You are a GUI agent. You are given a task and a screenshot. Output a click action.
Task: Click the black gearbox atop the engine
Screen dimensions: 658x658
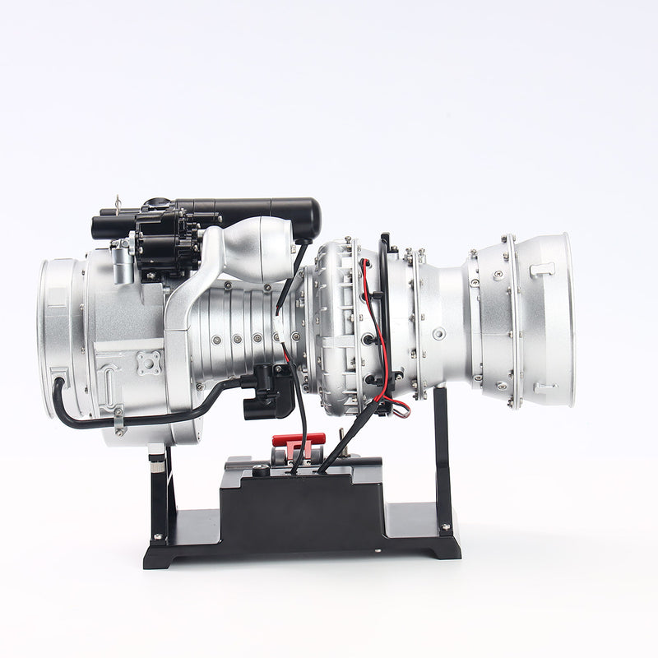tap(168, 239)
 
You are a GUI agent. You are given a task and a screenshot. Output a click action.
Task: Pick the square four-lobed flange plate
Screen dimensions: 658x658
tap(149, 363)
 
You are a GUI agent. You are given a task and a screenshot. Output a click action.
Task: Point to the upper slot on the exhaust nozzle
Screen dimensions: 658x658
tap(542, 269)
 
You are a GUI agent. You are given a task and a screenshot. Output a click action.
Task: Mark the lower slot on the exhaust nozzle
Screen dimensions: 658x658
tap(544, 387)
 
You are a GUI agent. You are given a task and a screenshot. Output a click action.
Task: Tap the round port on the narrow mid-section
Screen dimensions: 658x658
tap(440, 334)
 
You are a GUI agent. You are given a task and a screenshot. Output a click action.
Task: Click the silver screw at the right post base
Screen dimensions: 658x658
tap(445, 527)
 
